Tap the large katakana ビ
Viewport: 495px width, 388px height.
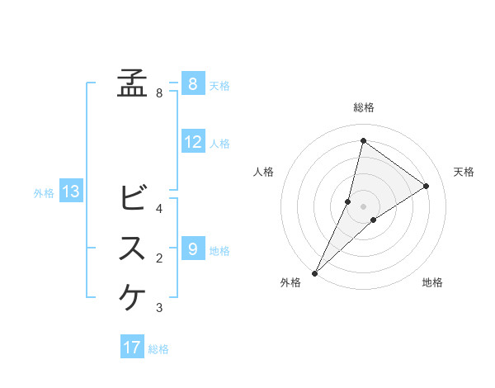(x=132, y=198)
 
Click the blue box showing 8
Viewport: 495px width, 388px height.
(x=192, y=84)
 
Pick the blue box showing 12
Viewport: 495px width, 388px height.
(x=192, y=142)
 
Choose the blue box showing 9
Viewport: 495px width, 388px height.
(x=192, y=248)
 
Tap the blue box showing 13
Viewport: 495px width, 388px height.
(x=71, y=192)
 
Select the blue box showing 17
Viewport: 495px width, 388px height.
(x=132, y=348)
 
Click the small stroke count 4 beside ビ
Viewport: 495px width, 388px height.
(x=159, y=209)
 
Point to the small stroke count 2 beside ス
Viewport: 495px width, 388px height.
(x=159, y=258)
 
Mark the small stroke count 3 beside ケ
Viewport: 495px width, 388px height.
(x=159, y=308)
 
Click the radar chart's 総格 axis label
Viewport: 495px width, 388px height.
(x=364, y=107)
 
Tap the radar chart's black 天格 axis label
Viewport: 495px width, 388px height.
(x=464, y=172)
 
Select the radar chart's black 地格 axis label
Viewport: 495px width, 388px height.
(x=432, y=282)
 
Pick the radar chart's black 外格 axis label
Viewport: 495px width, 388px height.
(x=290, y=282)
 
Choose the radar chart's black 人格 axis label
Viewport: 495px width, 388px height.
(x=263, y=172)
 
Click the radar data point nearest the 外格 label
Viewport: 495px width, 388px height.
(x=315, y=272)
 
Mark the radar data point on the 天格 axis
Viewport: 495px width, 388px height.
(x=426, y=187)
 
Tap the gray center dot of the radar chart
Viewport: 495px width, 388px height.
(x=364, y=206)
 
